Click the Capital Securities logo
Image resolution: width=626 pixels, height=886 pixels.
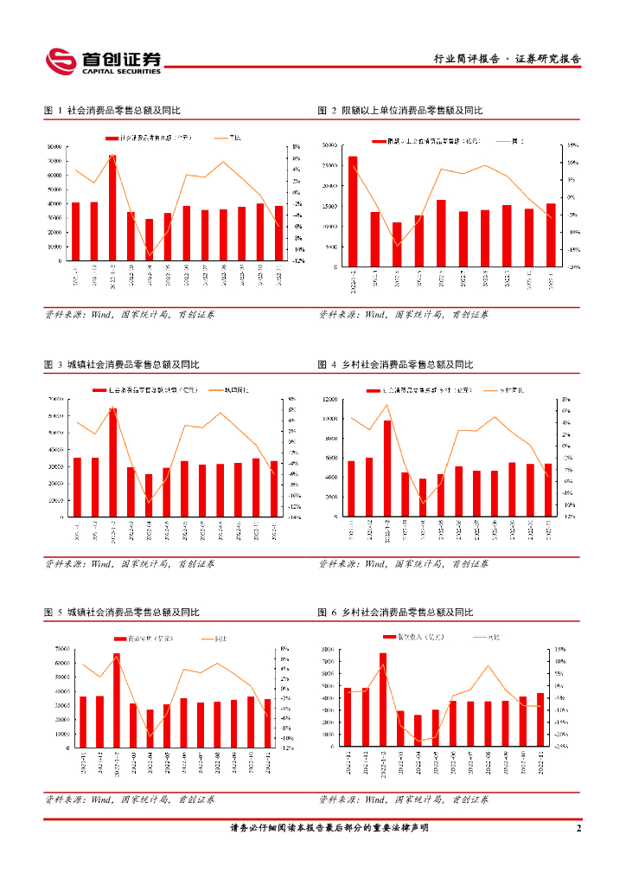(x=104, y=61)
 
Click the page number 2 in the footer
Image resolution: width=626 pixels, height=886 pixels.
(x=578, y=829)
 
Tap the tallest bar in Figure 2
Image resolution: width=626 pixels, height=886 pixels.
(x=352, y=213)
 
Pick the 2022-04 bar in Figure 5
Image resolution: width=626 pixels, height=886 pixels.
(x=150, y=728)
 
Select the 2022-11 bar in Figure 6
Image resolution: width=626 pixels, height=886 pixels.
(x=540, y=719)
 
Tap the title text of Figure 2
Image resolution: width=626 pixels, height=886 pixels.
(x=400, y=111)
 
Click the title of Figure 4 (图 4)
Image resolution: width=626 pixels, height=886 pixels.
(x=396, y=365)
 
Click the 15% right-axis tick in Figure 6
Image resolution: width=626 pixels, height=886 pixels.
(x=560, y=649)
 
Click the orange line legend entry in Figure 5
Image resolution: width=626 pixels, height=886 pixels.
(x=214, y=639)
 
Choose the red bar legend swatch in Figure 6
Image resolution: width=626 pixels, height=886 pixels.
(x=390, y=638)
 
